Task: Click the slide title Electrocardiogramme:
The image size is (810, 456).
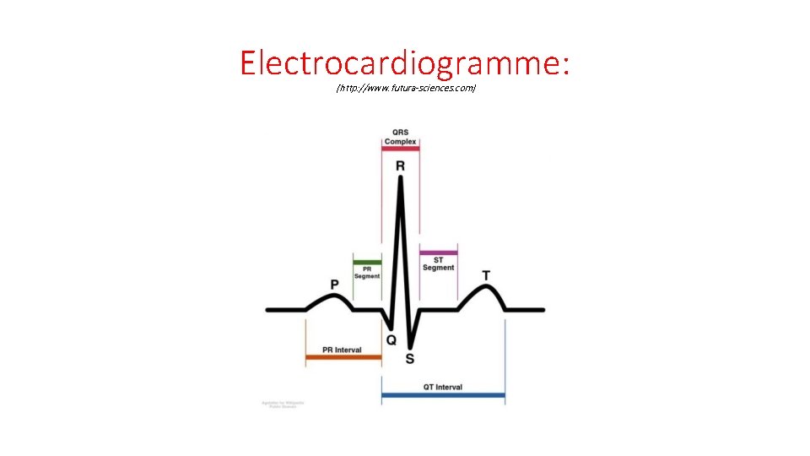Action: coord(405,62)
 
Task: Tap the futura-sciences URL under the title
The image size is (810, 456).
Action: coord(405,88)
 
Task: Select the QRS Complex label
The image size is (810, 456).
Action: coord(400,137)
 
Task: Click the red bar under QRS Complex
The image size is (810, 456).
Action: coord(400,149)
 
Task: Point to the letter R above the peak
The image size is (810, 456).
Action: coord(400,166)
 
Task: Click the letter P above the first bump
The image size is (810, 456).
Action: coord(335,285)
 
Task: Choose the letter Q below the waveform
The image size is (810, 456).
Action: coord(391,339)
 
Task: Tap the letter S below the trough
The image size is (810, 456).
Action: coord(410,358)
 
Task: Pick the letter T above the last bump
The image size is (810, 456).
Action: coord(486,275)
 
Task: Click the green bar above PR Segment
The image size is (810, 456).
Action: coord(367,262)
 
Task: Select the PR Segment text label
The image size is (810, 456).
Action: coord(367,273)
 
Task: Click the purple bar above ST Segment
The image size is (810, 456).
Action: coord(439,252)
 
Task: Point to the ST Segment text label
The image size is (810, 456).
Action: coord(439,263)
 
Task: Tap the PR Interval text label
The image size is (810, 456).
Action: coord(343,350)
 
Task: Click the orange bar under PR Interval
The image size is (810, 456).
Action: coord(343,358)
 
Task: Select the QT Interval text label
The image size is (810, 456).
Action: coord(443,388)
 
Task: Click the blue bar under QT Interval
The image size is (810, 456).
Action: coord(443,395)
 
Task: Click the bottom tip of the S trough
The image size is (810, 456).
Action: coord(409,345)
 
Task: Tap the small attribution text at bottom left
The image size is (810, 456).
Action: coord(283,404)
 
